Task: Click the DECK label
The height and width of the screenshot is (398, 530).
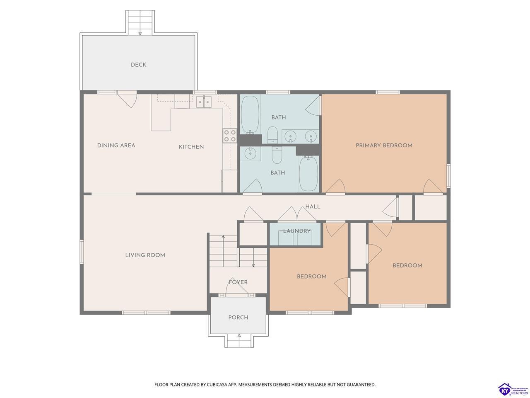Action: [138, 65]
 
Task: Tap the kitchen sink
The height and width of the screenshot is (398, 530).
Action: [204, 102]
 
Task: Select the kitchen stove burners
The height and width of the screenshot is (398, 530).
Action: [230, 136]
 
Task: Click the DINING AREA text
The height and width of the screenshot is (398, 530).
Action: [116, 146]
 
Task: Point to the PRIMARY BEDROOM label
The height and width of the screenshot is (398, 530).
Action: [384, 146]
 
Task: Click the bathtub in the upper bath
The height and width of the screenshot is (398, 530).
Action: [250, 115]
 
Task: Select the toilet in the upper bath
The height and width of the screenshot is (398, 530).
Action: [273, 134]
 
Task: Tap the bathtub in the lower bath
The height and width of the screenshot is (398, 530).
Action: [308, 174]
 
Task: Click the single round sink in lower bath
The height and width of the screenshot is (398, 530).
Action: [251, 153]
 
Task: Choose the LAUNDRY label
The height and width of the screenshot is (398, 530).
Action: [297, 231]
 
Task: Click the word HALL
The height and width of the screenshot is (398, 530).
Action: [313, 206]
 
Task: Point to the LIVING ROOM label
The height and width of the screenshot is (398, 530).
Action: [145, 255]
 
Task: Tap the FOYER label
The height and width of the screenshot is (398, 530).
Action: [238, 282]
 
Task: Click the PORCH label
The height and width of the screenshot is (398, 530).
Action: [238, 318]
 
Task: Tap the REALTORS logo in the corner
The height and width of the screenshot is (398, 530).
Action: [513, 389]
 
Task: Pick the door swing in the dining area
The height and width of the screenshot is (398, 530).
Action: [127, 99]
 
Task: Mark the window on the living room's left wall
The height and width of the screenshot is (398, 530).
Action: [82, 252]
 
